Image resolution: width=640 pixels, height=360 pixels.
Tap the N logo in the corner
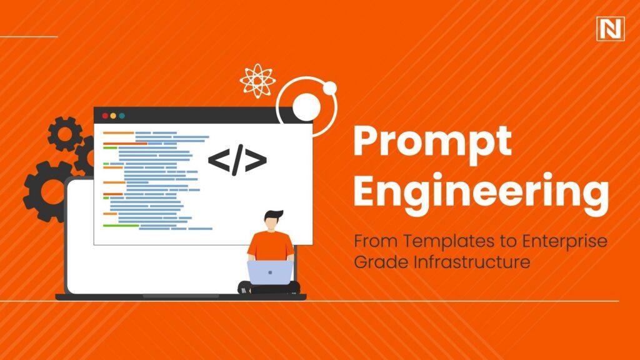(611, 27)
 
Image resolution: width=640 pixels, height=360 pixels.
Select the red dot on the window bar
(104, 116)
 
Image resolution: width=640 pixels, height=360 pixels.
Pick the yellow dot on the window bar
(112, 116)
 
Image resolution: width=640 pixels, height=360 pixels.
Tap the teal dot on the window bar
(121, 116)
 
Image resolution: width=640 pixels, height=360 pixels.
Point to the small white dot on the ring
(330, 87)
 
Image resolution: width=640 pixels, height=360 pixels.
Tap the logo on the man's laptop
(269, 272)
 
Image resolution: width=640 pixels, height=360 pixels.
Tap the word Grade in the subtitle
(372, 262)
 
